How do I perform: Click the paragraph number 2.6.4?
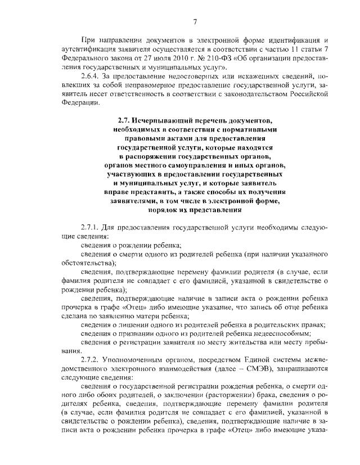click(91, 75)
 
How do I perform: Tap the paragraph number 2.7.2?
click(91, 359)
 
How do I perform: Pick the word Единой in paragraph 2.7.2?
click(243, 359)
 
